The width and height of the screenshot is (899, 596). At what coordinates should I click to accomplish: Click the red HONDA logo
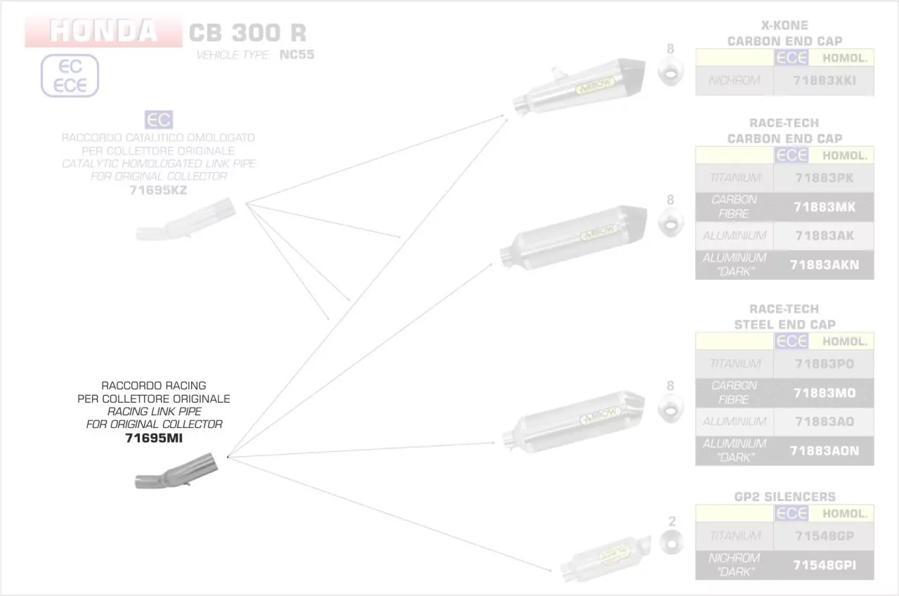pyautogui.click(x=103, y=32)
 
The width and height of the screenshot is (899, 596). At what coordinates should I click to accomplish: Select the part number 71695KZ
pyautogui.click(x=158, y=190)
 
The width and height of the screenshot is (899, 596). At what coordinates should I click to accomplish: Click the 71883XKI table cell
pyautogui.click(x=824, y=81)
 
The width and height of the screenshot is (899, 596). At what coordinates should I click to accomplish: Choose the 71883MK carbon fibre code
pyautogui.click(x=824, y=207)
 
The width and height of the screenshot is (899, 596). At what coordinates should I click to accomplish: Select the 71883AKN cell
pyautogui.click(x=824, y=265)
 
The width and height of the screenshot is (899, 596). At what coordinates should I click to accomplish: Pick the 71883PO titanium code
pyautogui.click(x=824, y=364)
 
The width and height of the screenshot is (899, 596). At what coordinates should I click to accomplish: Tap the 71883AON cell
pyautogui.click(x=824, y=451)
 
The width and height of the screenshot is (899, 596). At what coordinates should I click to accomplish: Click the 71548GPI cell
pyautogui.click(x=824, y=565)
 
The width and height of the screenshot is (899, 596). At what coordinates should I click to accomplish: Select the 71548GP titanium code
pyautogui.click(x=824, y=536)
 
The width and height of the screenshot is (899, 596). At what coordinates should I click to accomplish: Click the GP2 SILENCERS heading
pyautogui.click(x=785, y=497)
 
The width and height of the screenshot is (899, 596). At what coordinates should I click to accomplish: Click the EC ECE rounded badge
pyautogui.click(x=70, y=76)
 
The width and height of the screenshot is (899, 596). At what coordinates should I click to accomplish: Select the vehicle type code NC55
pyautogui.click(x=296, y=54)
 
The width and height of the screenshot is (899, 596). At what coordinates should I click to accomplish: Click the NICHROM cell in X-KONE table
pyautogui.click(x=734, y=81)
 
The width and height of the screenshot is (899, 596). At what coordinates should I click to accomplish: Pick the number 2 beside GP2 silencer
pyautogui.click(x=672, y=521)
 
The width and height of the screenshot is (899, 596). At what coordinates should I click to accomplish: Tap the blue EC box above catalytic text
pyautogui.click(x=158, y=119)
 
